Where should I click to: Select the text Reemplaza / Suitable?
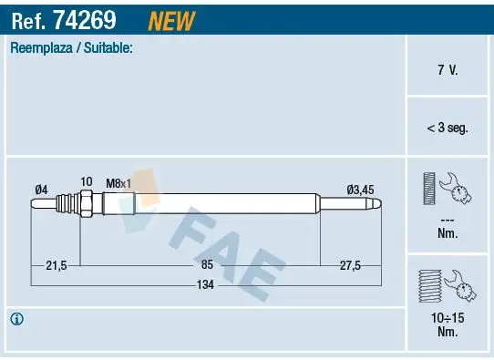(x=71, y=48)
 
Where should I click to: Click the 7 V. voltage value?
(x=447, y=69)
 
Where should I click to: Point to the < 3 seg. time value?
(x=447, y=129)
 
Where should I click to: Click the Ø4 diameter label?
(x=41, y=189)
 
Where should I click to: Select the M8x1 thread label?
(x=118, y=183)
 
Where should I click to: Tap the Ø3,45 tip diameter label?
(x=360, y=189)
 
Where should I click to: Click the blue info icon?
(x=16, y=319)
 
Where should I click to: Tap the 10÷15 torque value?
(x=447, y=318)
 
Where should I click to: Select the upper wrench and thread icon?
(x=447, y=190)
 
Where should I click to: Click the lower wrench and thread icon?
(x=447, y=287)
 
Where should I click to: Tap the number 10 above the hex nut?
(x=86, y=182)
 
